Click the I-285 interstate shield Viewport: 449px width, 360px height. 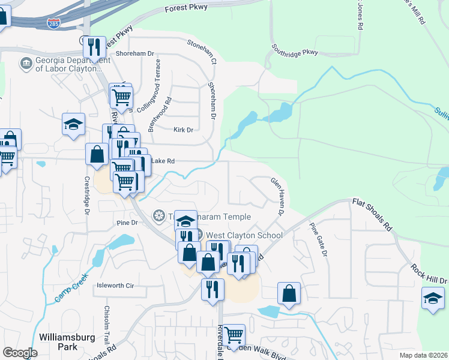pos(53,23)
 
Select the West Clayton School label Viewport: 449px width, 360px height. pos(244,235)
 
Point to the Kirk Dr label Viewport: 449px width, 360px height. pos(183,130)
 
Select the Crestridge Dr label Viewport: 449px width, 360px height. pos(87,196)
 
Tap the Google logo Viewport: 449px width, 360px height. pos(20,353)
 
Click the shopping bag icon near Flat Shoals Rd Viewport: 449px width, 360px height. pos(289,293)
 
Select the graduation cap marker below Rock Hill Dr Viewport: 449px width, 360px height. pos(433,298)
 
